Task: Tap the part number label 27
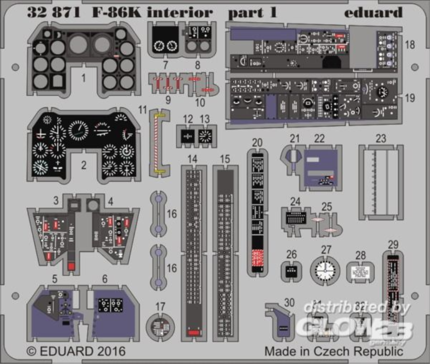[326, 249]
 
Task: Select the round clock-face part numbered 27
[325, 271]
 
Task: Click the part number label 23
[381, 138]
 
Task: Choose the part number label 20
[257, 142]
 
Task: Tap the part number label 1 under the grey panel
[83, 78]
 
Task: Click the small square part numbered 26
[291, 271]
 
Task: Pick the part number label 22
[319, 138]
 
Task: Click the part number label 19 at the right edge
[410, 98]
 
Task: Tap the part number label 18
[410, 45]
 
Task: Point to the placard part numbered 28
[360, 272]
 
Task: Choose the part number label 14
[193, 159]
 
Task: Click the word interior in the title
[179, 12]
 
